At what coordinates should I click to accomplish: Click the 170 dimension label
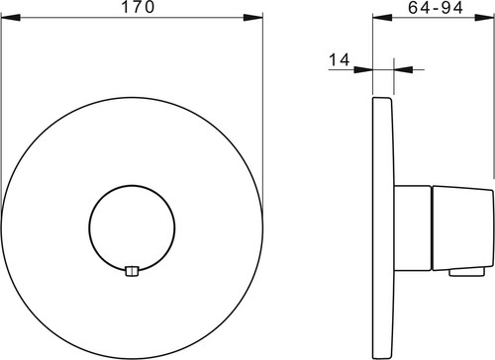138,7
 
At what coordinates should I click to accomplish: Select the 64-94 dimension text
436,8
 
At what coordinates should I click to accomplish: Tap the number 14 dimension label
340,60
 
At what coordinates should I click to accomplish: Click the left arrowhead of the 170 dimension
11,18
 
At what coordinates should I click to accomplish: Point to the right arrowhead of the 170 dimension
253,18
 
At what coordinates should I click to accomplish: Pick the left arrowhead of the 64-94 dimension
382,18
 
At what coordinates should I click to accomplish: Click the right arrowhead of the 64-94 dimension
484,18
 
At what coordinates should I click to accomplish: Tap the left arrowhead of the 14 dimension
363,69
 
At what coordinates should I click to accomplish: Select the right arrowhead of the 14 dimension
404,69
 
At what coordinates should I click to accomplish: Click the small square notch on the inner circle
133,271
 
